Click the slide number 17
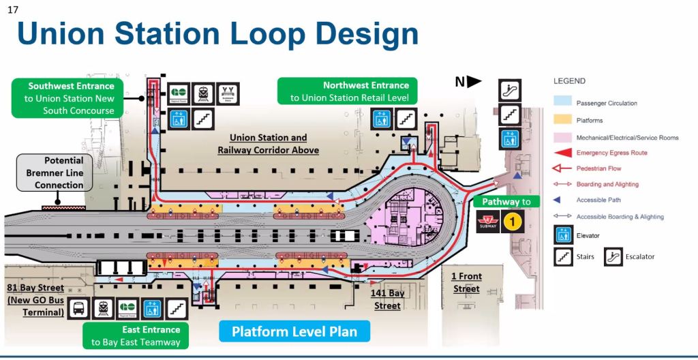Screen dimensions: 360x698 [12, 10]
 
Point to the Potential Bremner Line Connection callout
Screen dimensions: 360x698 [55, 173]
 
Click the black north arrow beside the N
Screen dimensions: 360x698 [474, 82]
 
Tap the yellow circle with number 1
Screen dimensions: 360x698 [513, 222]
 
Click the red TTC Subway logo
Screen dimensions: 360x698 [487, 222]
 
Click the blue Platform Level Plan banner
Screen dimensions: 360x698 [294, 332]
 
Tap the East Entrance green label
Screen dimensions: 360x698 [136, 335]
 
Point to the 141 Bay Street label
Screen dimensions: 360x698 [387, 299]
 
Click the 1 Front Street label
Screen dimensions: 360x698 [466, 282]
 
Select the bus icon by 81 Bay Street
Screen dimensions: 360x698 [79, 309]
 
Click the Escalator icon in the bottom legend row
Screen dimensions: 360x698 [613, 257]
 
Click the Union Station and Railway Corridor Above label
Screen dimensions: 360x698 [268, 144]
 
